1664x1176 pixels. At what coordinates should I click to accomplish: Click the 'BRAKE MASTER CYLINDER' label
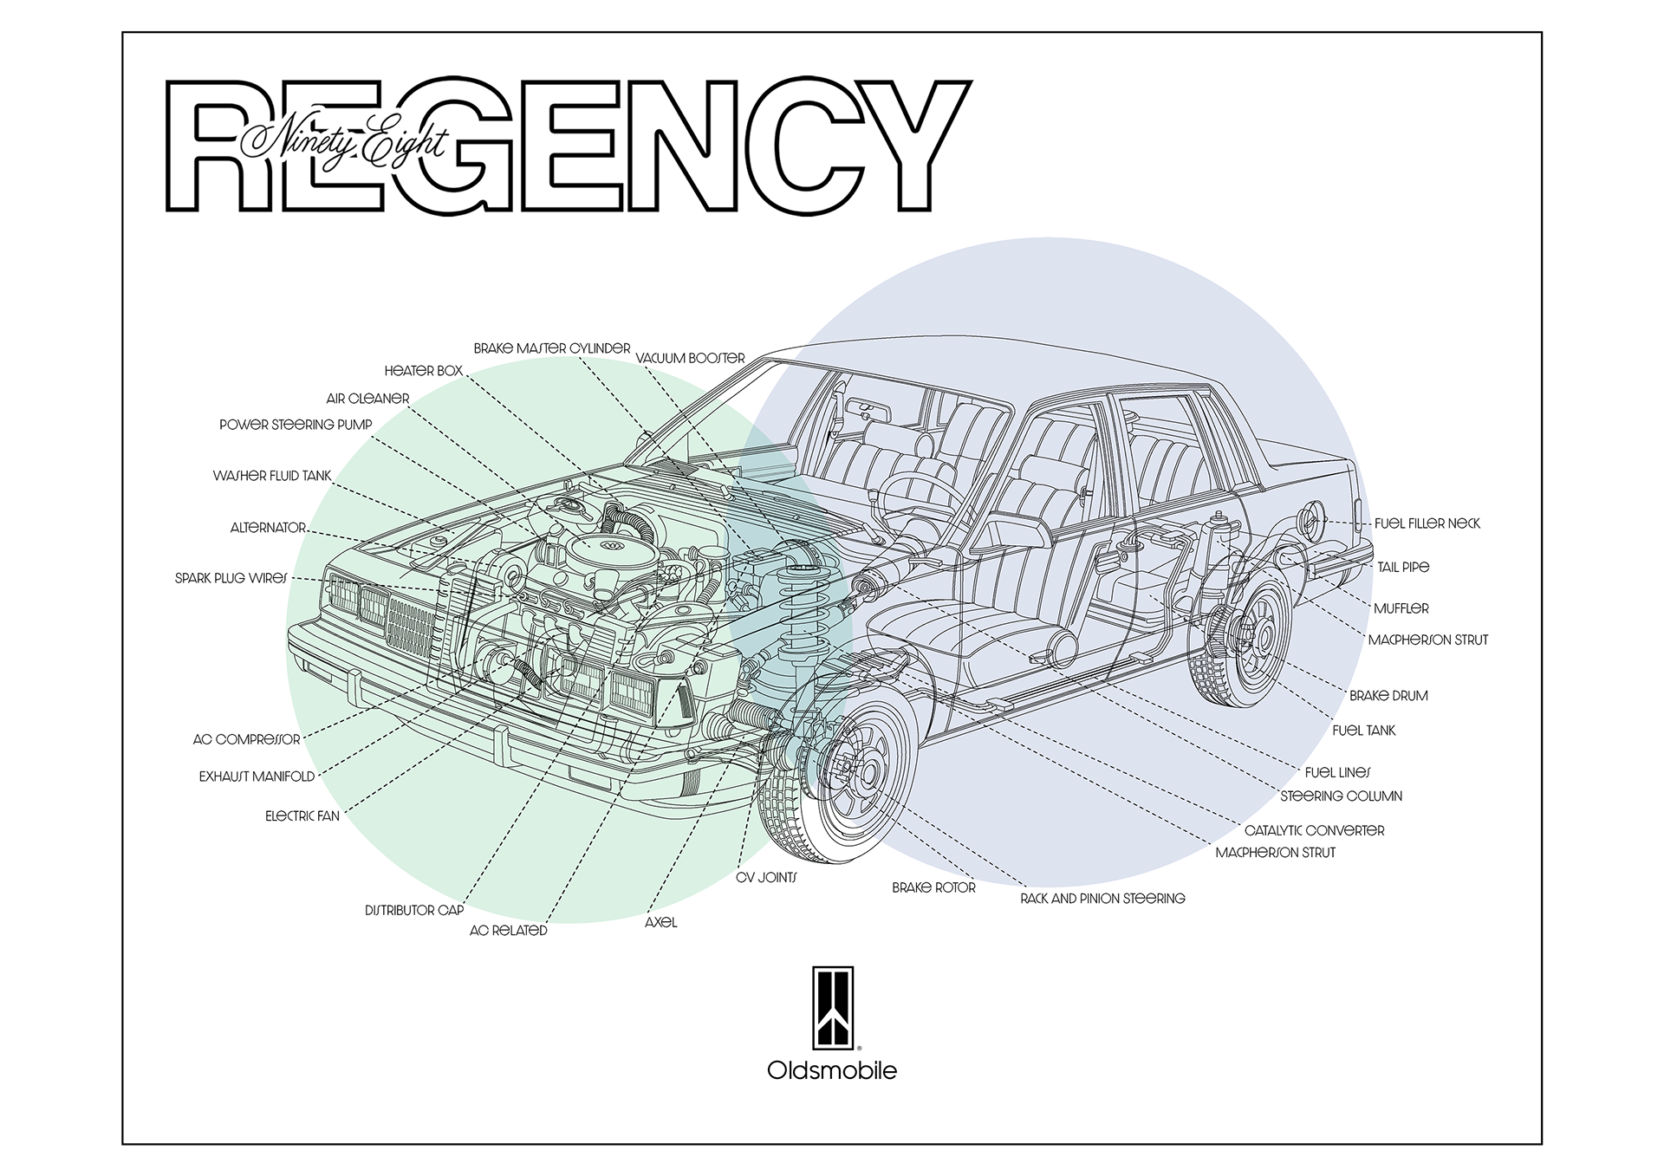pyautogui.click(x=551, y=348)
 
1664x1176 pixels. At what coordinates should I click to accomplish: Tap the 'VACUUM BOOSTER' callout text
pyautogui.click(x=690, y=358)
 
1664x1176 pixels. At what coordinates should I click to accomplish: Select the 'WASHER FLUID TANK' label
pyautogui.click(x=272, y=476)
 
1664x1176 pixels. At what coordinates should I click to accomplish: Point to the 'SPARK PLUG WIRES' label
pyautogui.click(x=231, y=578)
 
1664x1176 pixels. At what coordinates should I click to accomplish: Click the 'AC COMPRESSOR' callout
pyautogui.click(x=246, y=740)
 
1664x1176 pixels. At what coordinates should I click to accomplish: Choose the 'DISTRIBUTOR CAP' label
pyautogui.click(x=414, y=911)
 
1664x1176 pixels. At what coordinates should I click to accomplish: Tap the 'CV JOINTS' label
pyautogui.click(x=766, y=878)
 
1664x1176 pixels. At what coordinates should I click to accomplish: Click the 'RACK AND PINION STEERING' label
pyautogui.click(x=1102, y=899)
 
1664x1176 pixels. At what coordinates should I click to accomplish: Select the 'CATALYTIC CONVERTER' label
pyautogui.click(x=1314, y=830)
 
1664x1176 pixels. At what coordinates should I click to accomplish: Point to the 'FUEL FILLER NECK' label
pyautogui.click(x=1427, y=523)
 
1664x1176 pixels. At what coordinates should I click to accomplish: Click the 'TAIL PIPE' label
pyautogui.click(x=1403, y=567)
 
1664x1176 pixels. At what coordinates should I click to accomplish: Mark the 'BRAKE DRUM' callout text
pyautogui.click(x=1388, y=696)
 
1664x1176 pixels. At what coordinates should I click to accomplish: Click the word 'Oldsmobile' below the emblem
pyautogui.click(x=832, y=1071)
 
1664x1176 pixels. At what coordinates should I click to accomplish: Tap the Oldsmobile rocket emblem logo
pyautogui.click(x=832, y=1008)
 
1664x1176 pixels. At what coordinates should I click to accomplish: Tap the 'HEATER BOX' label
pyautogui.click(x=423, y=371)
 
